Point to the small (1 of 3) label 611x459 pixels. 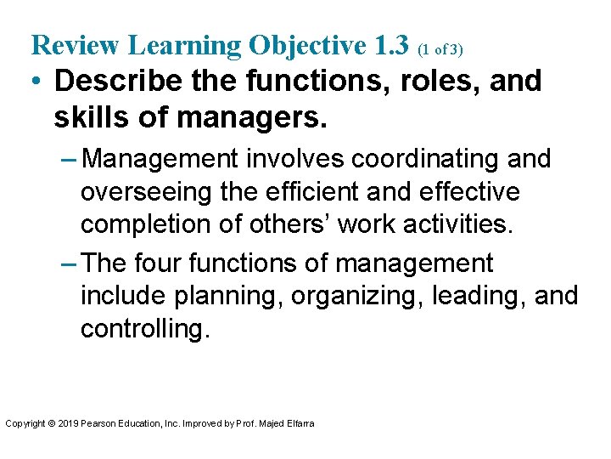(440, 50)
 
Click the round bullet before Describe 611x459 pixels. (36, 82)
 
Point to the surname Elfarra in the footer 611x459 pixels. (299, 423)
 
